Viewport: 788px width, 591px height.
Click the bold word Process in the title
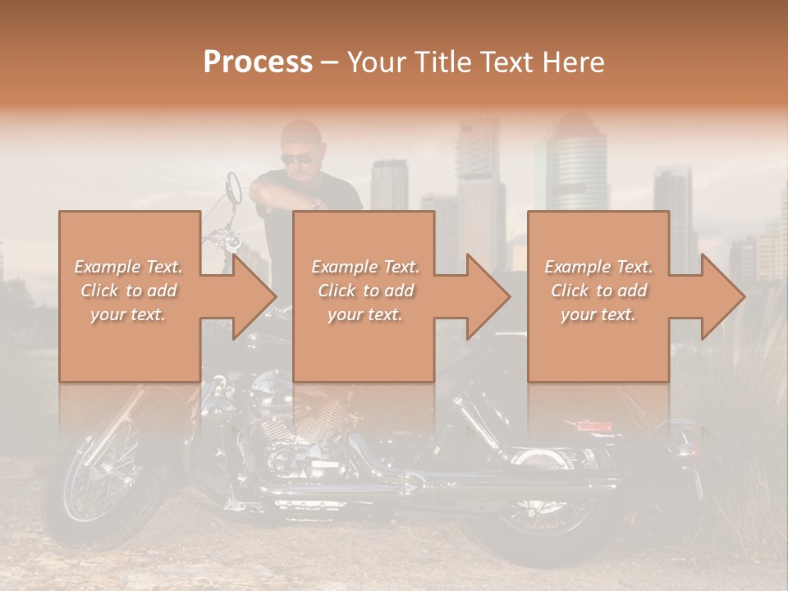[x=258, y=62]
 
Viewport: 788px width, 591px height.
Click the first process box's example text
[x=128, y=291]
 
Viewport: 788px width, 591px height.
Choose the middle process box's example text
[x=365, y=291]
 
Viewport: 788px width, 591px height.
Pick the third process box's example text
[x=598, y=291]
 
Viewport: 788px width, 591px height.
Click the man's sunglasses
[x=296, y=159]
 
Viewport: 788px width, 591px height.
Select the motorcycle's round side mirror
[x=233, y=186]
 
